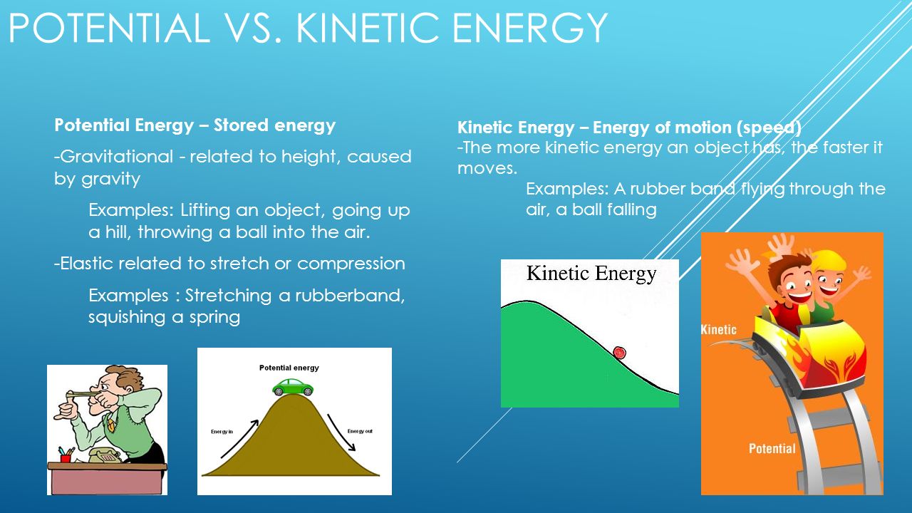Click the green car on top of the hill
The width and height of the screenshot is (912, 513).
pos(293,387)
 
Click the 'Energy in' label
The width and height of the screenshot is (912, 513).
pos(222,432)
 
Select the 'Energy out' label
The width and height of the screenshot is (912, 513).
pos(361,431)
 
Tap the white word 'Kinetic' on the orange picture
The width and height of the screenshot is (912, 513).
pos(718,330)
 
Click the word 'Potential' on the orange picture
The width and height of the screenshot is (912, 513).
pos(772,448)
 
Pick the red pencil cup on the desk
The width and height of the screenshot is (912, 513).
pos(66,455)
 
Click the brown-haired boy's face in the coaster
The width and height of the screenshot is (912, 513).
pos(790,285)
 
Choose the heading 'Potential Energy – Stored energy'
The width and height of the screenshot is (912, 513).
pos(195,126)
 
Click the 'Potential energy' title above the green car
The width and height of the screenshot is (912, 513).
pos(289,368)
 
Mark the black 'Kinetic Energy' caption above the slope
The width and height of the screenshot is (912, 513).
pos(591,274)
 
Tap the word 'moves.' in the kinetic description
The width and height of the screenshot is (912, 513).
pos(487,168)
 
